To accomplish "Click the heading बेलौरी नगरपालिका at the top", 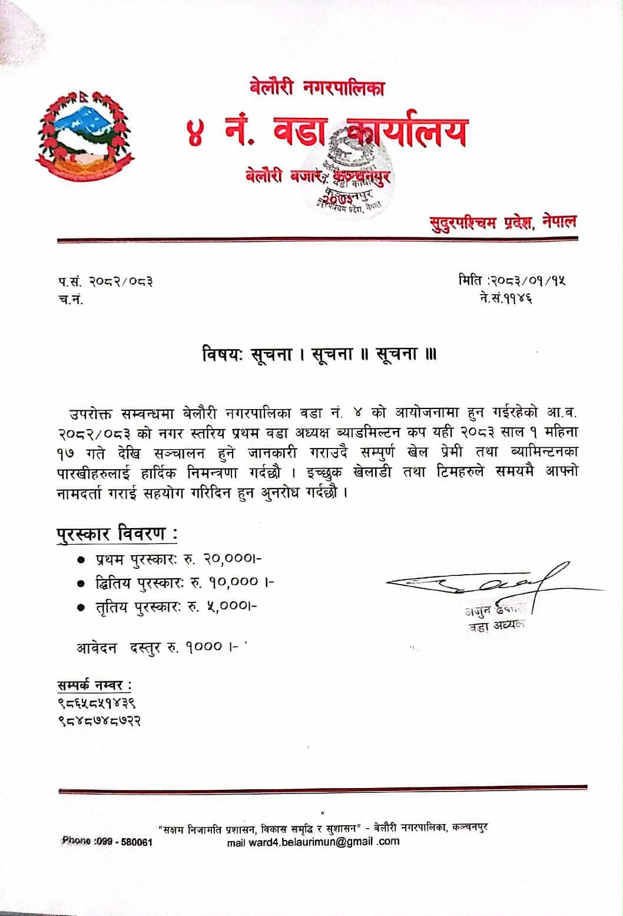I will (317, 88).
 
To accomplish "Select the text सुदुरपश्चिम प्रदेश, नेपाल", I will (502, 223).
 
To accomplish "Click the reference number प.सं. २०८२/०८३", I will (105, 282).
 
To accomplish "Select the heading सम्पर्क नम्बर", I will (94, 685).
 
